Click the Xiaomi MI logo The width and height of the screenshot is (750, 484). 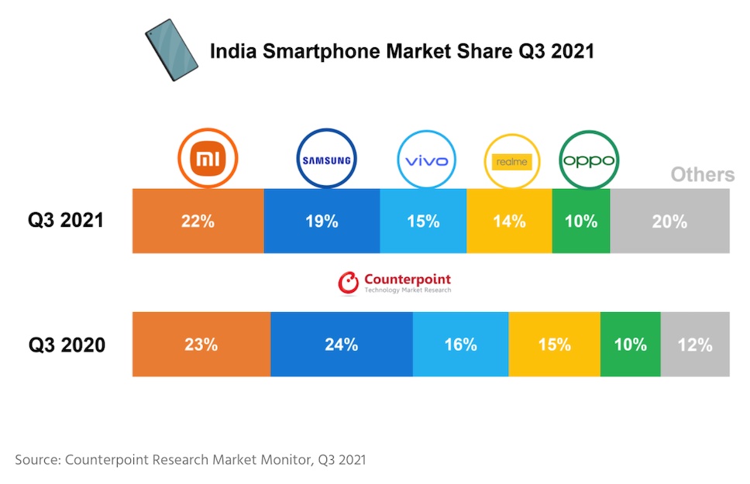click(x=208, y=159)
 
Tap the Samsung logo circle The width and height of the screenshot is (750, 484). click(x=326, y=160)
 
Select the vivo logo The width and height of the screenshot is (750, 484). click(x=426, y=160)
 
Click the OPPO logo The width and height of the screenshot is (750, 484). click(x=588, y=160)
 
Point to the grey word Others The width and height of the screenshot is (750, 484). click(x=702, y=174)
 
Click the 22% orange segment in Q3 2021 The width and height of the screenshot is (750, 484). click(x=198, y=221)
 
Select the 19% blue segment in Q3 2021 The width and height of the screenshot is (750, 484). click(x=322, y=221)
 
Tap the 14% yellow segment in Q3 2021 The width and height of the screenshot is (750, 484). click(x=509, y=221)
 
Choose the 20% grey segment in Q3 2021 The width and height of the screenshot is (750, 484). click(x=670, y=221)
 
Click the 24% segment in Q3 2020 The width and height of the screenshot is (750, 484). click(x=342, y=345)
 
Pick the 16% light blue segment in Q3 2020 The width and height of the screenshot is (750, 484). click(x=460, y=345)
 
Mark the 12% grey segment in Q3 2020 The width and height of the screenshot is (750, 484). click(x=695, y=345)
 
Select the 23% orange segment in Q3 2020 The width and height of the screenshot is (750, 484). click(x=201, y=345)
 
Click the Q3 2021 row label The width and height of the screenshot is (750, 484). click(x=66, y=221)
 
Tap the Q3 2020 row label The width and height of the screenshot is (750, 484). click(x=67, y=345)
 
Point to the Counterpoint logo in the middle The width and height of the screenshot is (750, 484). click(x=394, y=283)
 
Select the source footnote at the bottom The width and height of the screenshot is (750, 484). click(x=191, y=460)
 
